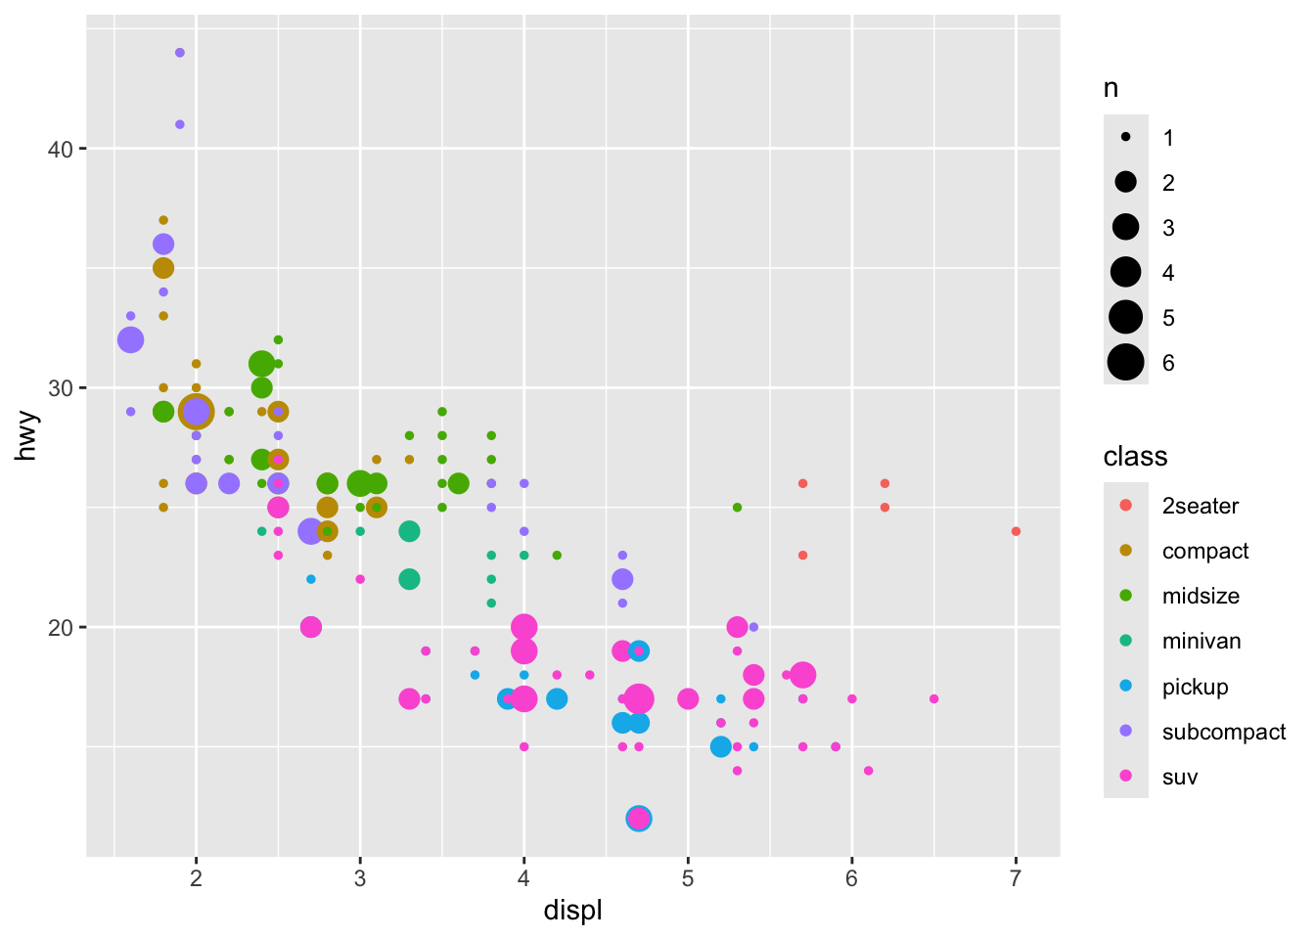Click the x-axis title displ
tap(572, 911)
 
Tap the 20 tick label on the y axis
tap(62, 627)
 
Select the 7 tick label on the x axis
tap(1016, 878)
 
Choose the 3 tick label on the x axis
tap(360, 878)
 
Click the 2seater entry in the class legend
tap(1200, 506)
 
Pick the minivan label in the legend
tap(1201, 642)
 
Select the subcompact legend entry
tap(1223, 732)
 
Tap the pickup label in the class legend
tap(1195, 687)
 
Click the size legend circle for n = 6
tap(1126, 363)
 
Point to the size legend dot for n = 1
tap(1126, 138)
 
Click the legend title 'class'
tap(1135, 457)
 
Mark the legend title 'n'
tap(1111, 88)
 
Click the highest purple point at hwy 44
tap(180, 53)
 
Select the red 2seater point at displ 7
tap(1016, 531)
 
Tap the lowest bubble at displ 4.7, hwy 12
tap(639, 819)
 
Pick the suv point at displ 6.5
tap(933, 698)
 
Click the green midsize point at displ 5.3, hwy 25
tap(737, 508)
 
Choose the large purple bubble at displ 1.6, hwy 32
tap(130, 340)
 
